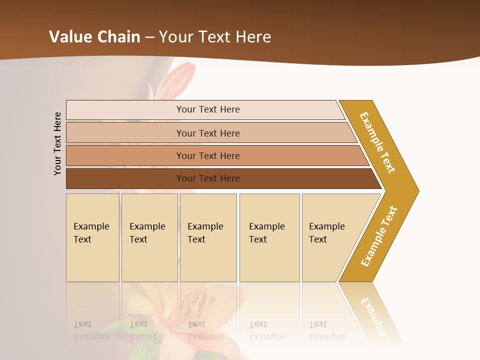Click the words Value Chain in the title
[94, 37]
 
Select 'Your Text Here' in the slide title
[215, 37]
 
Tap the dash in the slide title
[149, 37]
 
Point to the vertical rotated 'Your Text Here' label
[57, 143]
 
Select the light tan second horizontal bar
[207, 133]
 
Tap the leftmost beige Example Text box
[92, 237]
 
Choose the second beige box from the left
[149, 237]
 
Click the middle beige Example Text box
[208, 237]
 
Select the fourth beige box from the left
[269, 237]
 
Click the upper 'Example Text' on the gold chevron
[377, 142]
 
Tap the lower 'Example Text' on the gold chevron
[379, 236]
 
